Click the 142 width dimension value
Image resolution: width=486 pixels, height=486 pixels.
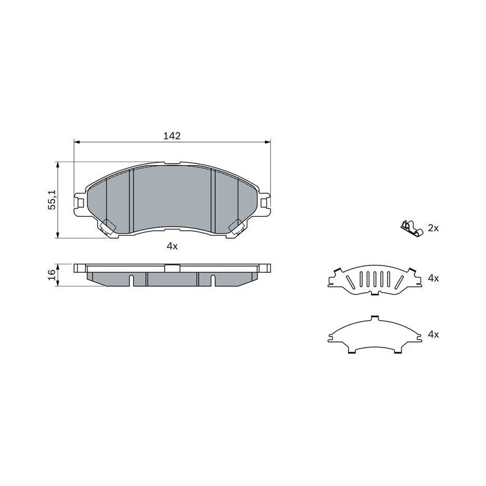172,135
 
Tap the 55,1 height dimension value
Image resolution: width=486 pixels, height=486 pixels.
52,200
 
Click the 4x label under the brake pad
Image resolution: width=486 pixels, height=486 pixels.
172,247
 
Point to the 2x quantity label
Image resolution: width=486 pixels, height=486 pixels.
433,228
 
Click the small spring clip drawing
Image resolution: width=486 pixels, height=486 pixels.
411,228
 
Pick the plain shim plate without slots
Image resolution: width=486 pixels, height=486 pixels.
375,335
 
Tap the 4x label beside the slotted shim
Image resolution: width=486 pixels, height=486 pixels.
433,278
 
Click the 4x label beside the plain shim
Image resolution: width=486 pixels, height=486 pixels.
433,335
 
